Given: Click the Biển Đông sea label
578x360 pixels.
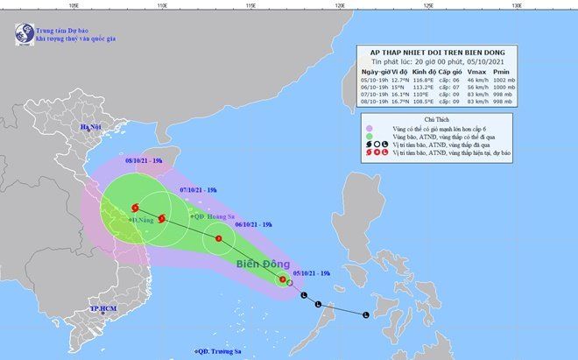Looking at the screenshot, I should click(259, 262).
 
